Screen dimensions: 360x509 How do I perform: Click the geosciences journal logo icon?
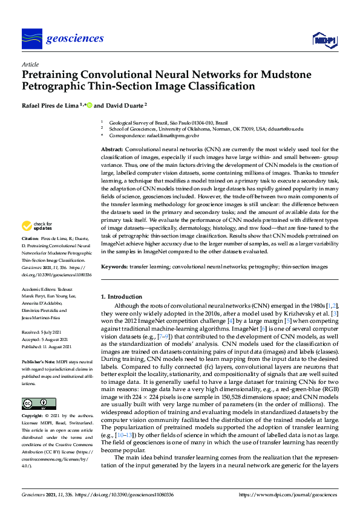click(31, 39)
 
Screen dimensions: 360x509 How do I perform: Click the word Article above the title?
click(30, 64)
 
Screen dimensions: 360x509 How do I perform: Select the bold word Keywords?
click(114, 266)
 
